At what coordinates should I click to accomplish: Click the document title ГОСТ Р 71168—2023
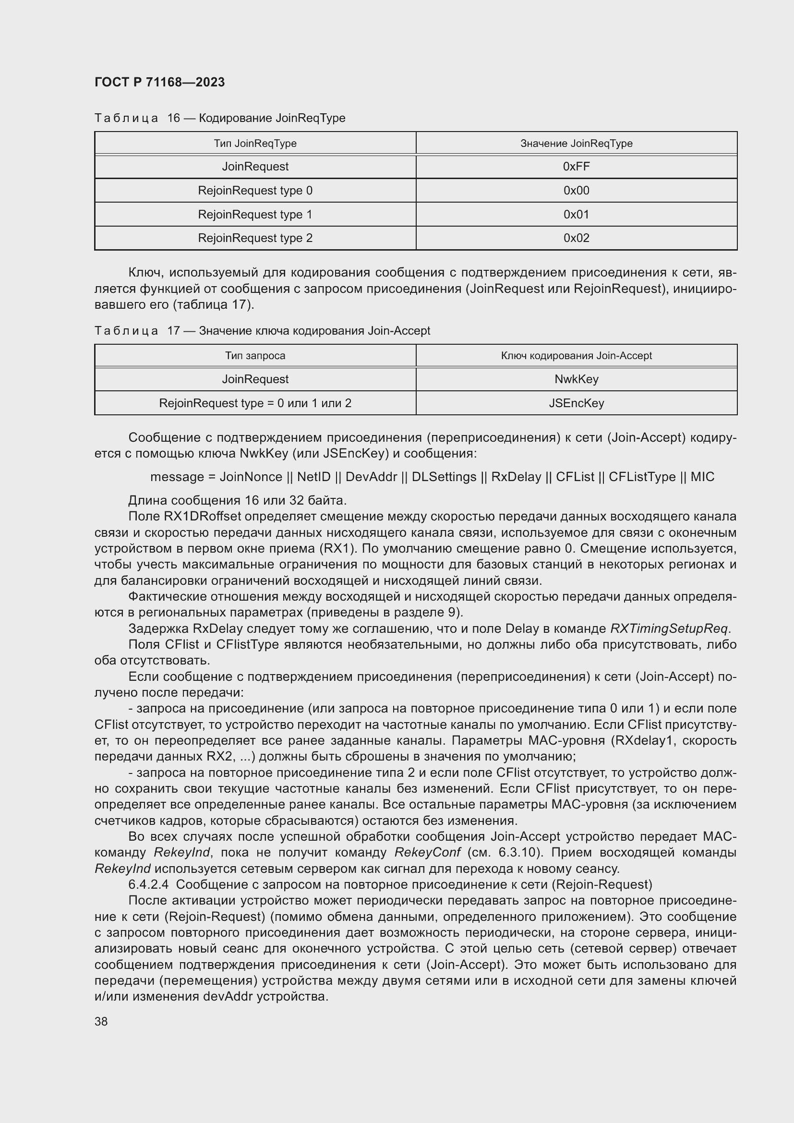click(159, 82)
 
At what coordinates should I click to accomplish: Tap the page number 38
click(101, 1021)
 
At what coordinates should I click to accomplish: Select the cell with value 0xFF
click(576, 167)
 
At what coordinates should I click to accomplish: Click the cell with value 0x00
click(576, 191)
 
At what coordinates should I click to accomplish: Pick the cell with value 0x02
click(576, 238)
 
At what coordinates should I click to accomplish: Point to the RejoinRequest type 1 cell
click(255, 214)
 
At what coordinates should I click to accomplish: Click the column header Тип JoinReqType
click(255, 143)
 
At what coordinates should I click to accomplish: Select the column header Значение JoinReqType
click(576, 143)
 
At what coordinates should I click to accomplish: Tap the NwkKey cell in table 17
click(576, 379)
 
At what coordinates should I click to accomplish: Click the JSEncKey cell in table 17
click(576, 403)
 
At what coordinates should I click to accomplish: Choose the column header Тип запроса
click(255, 356)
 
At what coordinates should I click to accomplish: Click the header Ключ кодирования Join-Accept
click(576, 356)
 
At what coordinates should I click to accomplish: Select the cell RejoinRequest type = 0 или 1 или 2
click(255, 403)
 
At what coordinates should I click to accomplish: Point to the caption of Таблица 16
click(219, 118)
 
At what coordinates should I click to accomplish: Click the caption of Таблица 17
click(262, 331)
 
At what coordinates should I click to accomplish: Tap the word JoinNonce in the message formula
click(251, 477)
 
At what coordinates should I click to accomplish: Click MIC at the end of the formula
click(702, 477)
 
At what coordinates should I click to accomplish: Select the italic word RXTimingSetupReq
click(670, 628)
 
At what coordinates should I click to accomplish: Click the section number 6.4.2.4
click(149, 884)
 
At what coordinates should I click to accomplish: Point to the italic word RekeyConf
click(427, 853)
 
